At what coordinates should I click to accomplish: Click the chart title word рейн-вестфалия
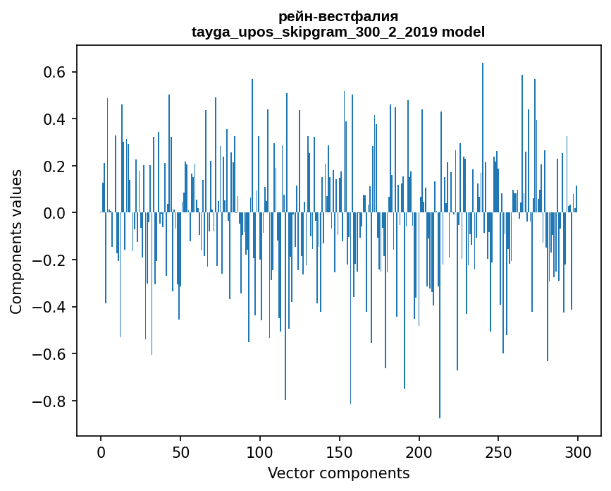tap(338, 16)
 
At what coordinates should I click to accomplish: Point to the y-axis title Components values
tap(16, 241)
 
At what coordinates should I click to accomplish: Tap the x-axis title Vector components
tap(338, 473)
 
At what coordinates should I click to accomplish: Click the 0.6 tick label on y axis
tap(54, 72)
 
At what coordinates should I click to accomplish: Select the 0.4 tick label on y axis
tap(54, 119)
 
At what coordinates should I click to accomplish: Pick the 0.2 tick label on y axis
tap(54, 166)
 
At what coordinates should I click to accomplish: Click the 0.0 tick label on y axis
tap(54, 213)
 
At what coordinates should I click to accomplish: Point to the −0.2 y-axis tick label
tap(49, 260)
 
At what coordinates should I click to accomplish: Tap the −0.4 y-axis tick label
tap(49, 307)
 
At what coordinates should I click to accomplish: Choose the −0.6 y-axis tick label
tap(49, 354)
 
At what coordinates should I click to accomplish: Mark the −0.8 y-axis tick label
tap(49, 401)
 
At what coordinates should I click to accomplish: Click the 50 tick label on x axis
tap(180, 451)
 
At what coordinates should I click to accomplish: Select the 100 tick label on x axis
tap(260, 451)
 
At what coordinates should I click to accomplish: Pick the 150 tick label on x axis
tap(340, 451)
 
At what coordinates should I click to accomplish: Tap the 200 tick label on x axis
tap(419, 451)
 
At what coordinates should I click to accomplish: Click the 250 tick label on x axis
tap(499, 451)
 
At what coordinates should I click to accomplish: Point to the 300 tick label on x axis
tap(579, 451)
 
